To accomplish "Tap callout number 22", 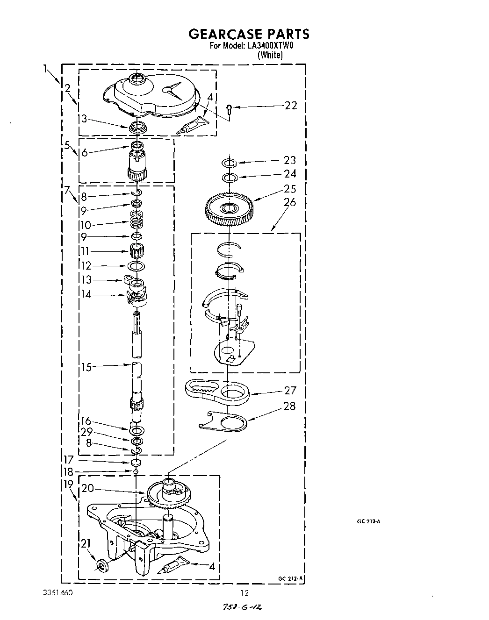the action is tap(290, 106).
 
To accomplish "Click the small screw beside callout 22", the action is tap(229, 108).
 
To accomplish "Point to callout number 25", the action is tap(290, 189).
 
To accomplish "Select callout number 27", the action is tap(290, 391).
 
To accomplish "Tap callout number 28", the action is tap(289, 406).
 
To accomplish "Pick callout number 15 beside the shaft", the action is tap(86, 367).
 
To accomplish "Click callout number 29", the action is tap(86, 432).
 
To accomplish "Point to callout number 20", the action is tap(87, 488).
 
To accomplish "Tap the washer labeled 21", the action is tap(101, 566).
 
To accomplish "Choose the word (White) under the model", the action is tap(270, 55).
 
